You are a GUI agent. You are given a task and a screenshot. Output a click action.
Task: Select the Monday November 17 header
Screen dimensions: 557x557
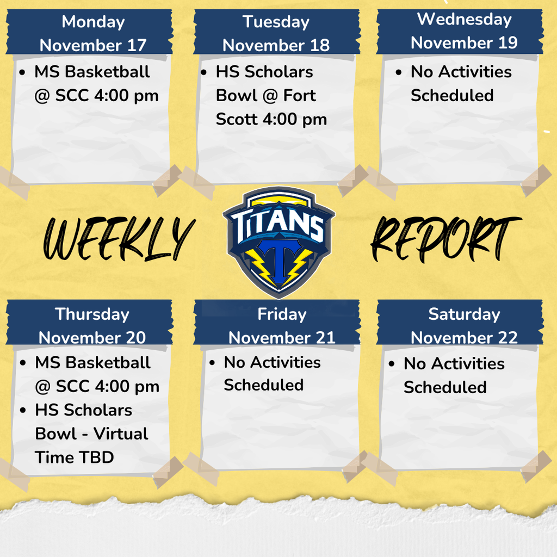click(x=93, y=33)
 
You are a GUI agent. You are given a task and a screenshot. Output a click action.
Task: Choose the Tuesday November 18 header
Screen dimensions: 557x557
click(x=276, y=33)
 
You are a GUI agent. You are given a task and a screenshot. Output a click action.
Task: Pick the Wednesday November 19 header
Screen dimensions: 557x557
click(x=464, y=31)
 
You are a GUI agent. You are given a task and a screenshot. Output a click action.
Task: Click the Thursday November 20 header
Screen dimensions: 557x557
click(x=92, y=325)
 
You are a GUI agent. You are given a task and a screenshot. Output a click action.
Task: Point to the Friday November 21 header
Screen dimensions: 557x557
click(x=281, y=325)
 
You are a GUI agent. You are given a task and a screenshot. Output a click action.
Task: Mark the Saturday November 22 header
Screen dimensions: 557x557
click(x=464, y=325)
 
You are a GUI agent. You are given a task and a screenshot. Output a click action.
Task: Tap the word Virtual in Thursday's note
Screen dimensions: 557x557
click(x=121, y=434)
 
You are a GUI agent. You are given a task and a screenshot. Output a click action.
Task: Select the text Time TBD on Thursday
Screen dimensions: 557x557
click(x=75, y=457)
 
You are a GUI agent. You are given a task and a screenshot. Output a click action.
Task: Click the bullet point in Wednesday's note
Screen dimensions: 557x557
click(x=399, y=72)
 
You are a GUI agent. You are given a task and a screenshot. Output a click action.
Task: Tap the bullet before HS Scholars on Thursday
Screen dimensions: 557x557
click(x=23, y=410)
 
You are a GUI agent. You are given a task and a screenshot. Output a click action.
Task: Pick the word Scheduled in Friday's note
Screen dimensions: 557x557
click(x=263, y=385)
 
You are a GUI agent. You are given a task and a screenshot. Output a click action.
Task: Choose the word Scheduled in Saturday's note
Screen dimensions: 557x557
click(x=444, y=387)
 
